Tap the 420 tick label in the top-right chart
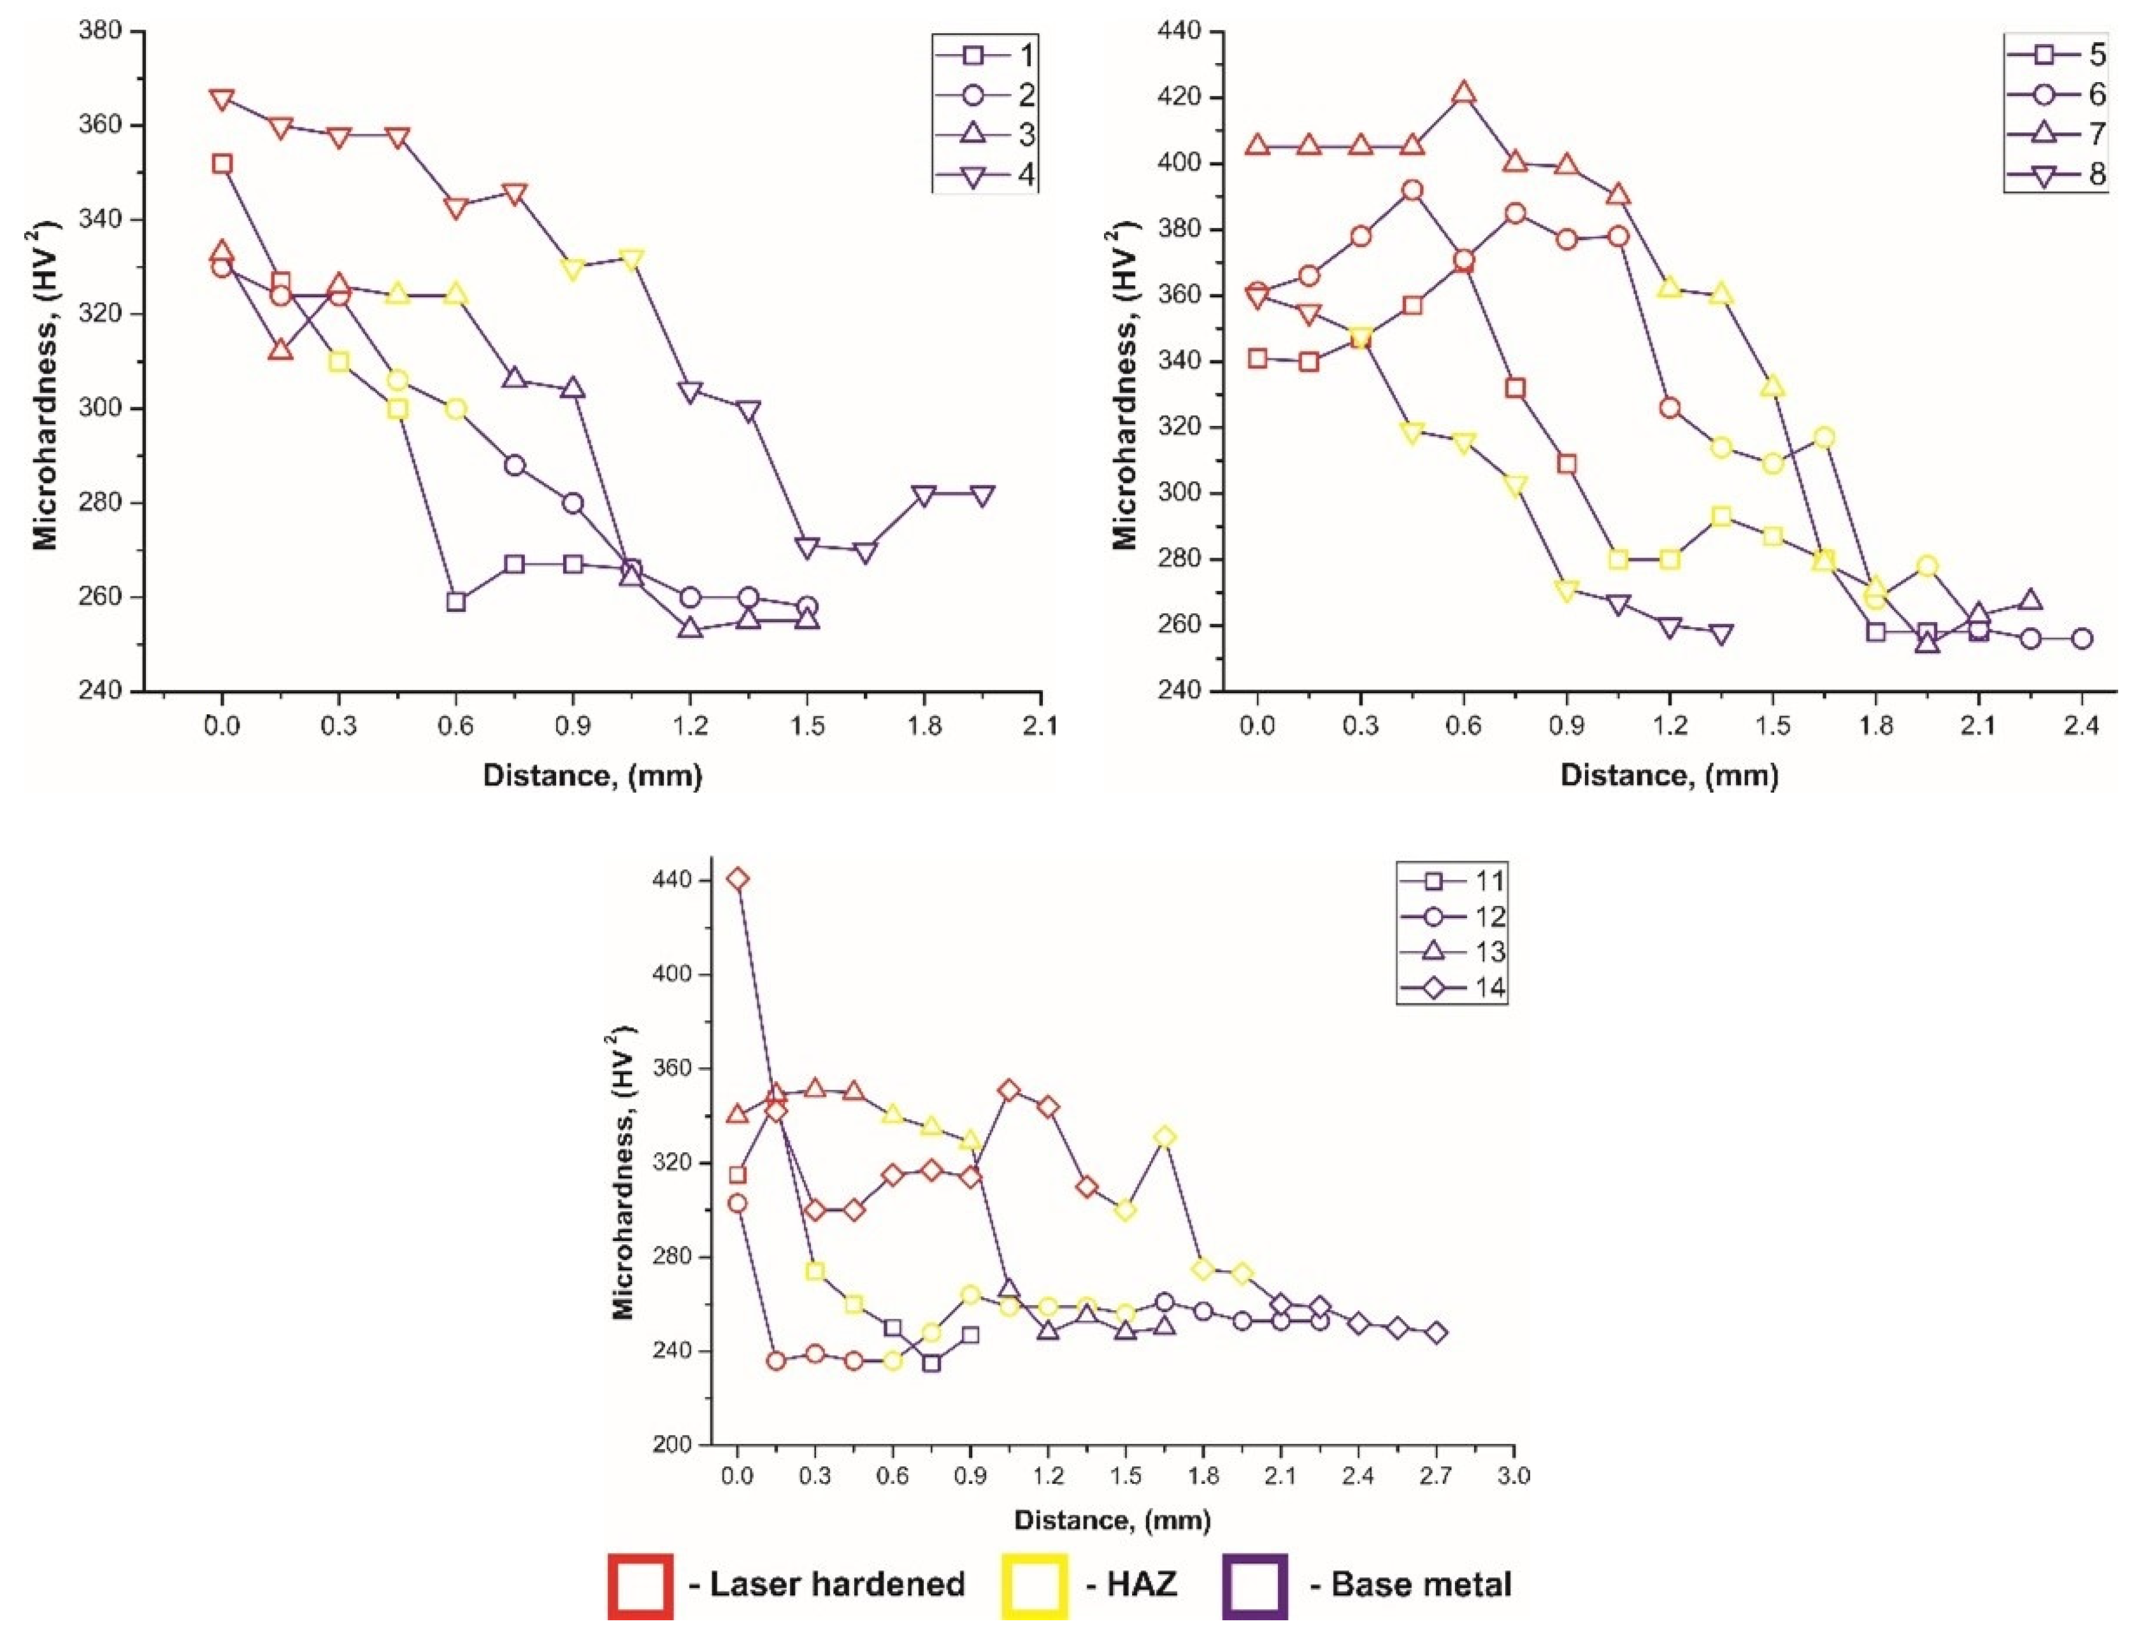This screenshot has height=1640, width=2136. tap(1179, 97)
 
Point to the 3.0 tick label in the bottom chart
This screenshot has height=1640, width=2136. tap(1514, 1476)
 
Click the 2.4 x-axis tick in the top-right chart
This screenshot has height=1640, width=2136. tap(2081, 726)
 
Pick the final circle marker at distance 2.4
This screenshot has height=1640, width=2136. tap(2081, 639)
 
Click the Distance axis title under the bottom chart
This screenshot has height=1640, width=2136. tap(1112, 1520)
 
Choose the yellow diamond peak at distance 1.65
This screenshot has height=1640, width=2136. tap(1165, 1137)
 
